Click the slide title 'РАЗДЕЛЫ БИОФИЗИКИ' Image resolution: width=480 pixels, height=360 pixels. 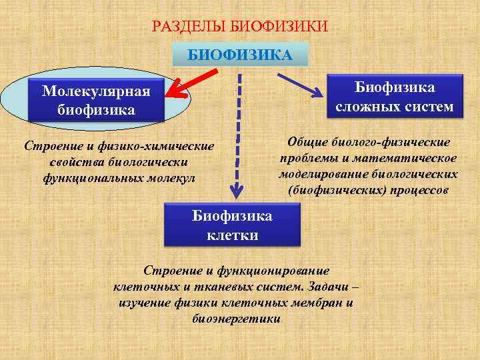point(240,27)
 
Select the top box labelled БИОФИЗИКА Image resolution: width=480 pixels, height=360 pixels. point(240,54)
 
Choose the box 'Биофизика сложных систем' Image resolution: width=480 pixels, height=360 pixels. point(394,97)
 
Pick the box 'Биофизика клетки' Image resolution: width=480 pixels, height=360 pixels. point(233,225)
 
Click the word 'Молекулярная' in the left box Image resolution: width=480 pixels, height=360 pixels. point(96,91)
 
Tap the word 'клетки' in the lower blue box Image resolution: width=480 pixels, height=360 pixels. point(232,235)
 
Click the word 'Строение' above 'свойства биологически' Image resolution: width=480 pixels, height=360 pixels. point(49,146)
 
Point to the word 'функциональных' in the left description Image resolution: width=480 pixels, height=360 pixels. point(81,178)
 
